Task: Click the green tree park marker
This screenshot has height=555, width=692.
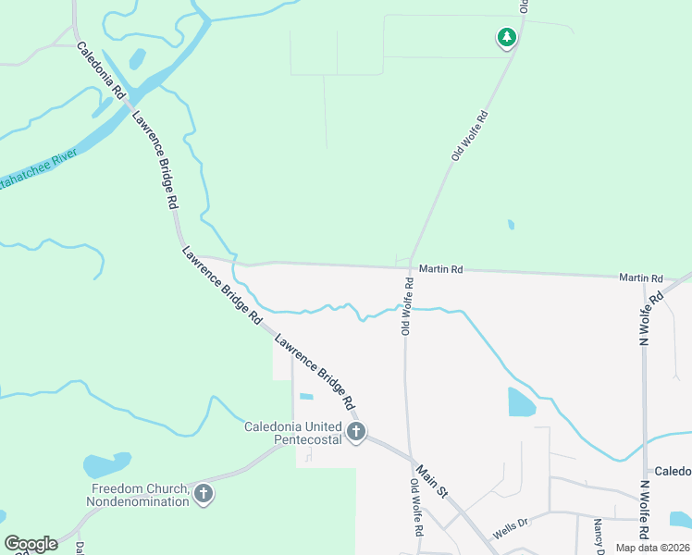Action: click(x=506, y=37)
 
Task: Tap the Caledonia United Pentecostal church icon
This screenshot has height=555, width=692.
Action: click(x=357, y=431)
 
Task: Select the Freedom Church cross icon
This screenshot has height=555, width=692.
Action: click(x=204, y=495)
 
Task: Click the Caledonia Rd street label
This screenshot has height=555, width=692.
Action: click(x=100, y=71)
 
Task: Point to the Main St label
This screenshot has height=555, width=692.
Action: click(x=431, y=481)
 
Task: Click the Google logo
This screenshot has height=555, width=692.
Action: click(x=31, y=544)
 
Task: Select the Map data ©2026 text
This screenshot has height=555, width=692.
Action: click(x=652, y=548)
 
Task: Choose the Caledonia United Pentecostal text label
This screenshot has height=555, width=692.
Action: click(x=292, y=433)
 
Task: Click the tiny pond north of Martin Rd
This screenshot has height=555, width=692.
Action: click(x=511, y=224)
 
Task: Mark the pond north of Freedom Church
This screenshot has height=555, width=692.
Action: click(x=105, y=464)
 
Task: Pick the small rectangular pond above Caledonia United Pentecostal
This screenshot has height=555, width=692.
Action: click(x=306, y=397)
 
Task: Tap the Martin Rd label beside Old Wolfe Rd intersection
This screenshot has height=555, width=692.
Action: click(x=440, y=269)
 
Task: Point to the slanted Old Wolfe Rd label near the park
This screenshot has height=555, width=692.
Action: click(x=470, y=137)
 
